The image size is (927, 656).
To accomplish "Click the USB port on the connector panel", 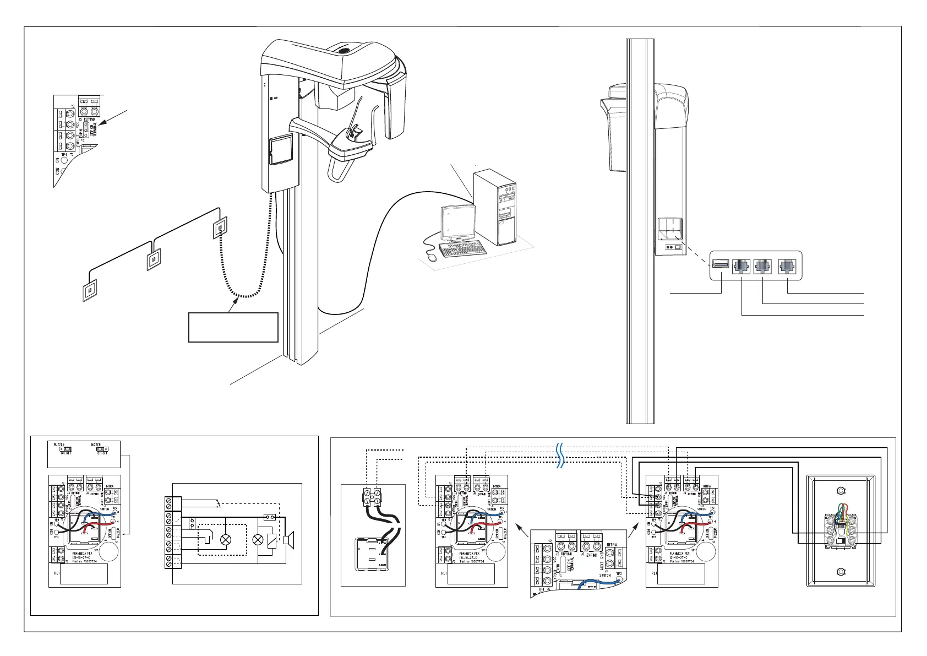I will [720, 265].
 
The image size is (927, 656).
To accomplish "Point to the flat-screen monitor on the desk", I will [457, 221].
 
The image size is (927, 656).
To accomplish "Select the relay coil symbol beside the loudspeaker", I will [271, 540].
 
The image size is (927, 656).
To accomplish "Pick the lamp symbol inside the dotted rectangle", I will [226, 540].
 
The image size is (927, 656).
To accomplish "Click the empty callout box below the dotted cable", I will [233, 327].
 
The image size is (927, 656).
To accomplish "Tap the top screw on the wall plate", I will [840, 491].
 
